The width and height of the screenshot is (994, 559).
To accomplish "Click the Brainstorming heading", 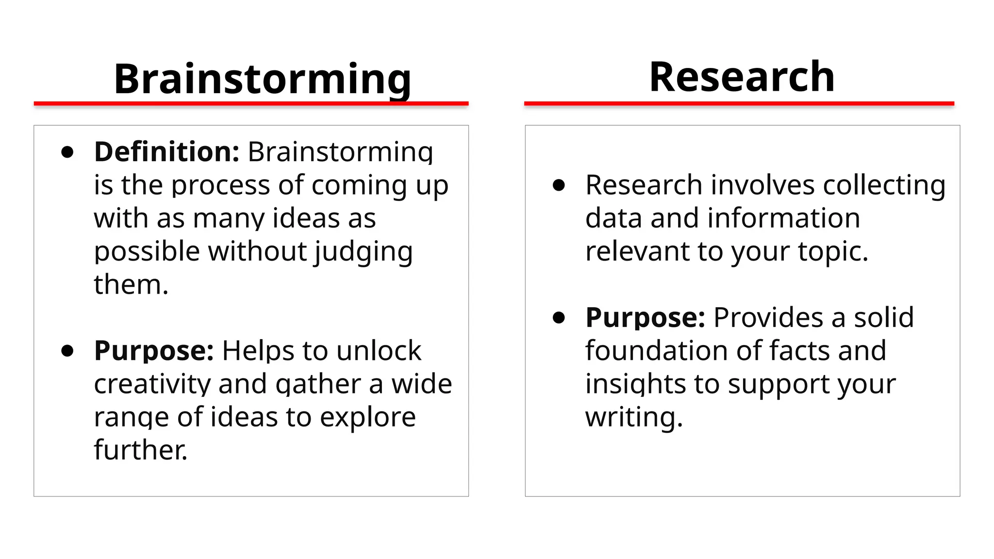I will click(262, 79).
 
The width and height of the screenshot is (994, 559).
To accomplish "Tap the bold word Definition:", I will click(166, 152).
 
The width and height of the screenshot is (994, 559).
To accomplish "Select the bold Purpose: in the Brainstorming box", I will click(154, 350).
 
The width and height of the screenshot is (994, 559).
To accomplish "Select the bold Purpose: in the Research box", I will click(645, 317).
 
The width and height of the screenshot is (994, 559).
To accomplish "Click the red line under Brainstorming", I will click(251, 103).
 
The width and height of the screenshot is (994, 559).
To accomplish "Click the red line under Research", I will click(739, 103).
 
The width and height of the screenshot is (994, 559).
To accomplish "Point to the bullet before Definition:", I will click(67, 152).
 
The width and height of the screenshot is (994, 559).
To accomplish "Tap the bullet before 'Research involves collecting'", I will click(559, 185).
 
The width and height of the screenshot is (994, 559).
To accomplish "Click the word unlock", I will click(379, 350).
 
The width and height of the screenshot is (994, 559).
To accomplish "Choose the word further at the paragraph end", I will click(140, 450).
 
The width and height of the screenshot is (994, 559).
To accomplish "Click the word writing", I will click(633, 417).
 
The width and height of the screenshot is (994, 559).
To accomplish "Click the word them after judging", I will click(130, 284).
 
